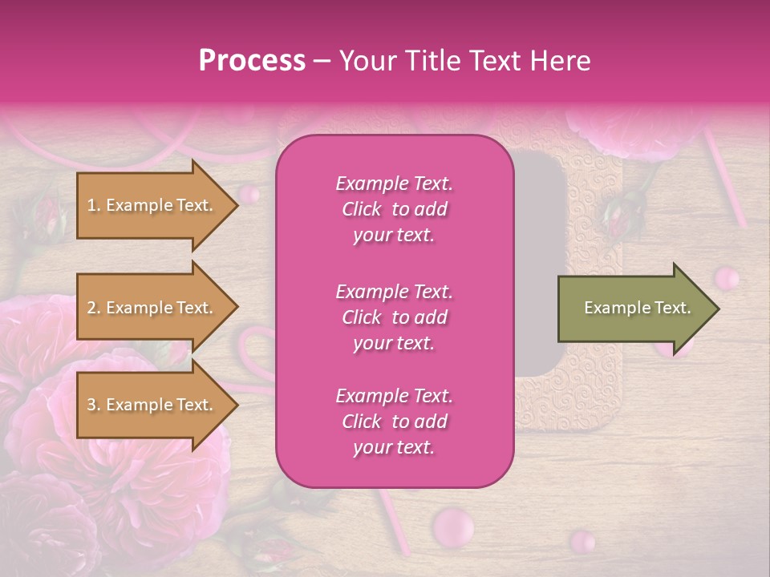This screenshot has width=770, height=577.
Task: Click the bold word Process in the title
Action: click(251, 61)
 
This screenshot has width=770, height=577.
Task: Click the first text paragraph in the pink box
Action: click(394, 209)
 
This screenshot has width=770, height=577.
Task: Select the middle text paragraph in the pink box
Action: click(394, 317)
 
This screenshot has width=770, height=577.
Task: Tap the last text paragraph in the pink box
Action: click(394, 422)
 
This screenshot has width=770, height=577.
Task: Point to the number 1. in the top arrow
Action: click(94, 206)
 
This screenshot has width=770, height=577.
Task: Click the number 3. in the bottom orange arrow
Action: click(94, 406)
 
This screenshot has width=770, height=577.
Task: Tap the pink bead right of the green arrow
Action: click(727, 278)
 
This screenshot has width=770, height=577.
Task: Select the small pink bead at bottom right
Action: click(583, 542)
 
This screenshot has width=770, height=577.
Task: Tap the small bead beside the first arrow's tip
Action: click(250, 193)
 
